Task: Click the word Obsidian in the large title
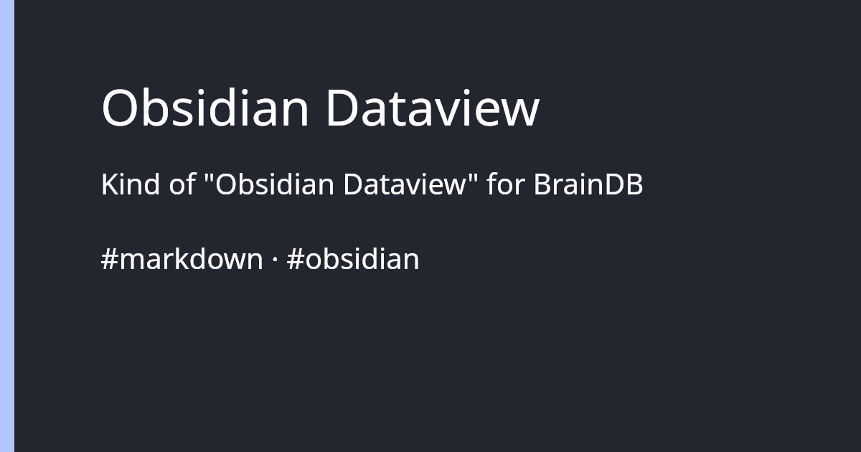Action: [x=205, y=108]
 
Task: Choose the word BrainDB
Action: [x=588, y=185]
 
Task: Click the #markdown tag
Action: [x=182, y=259]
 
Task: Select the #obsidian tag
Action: [x=352, y=259]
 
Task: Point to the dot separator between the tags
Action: [x=275, y=260]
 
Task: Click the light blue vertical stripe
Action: [x=7, y=226]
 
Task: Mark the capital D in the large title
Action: [x=342, y=108]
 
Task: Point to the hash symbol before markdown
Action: [x=109, y=259]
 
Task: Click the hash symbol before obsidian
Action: [x=293, y=259]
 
